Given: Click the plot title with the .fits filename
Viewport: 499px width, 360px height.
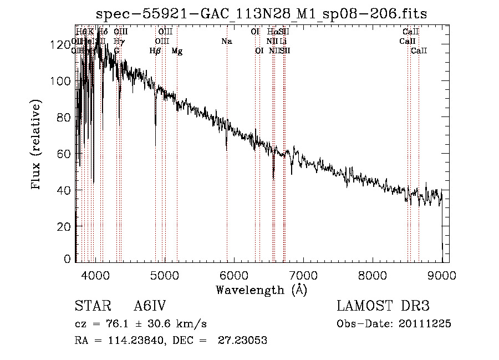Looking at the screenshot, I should coord(261,14).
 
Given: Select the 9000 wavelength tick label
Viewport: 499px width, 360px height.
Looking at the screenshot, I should coord(441,274).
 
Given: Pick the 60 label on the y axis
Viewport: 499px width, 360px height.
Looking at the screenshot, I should coord(65,154).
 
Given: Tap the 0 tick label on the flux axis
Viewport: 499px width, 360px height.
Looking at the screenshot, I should coord(68,259).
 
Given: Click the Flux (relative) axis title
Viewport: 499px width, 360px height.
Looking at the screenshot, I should coord(37,145).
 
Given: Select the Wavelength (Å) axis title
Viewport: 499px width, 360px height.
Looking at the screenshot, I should coord(261,290).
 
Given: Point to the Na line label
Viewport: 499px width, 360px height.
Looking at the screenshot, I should coord(226,42).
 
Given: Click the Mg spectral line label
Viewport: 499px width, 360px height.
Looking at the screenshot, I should coord(177,52).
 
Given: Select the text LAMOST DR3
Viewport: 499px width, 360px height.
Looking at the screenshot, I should coord(383,306).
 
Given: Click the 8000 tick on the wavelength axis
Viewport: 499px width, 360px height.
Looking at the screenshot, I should coord(372,274).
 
